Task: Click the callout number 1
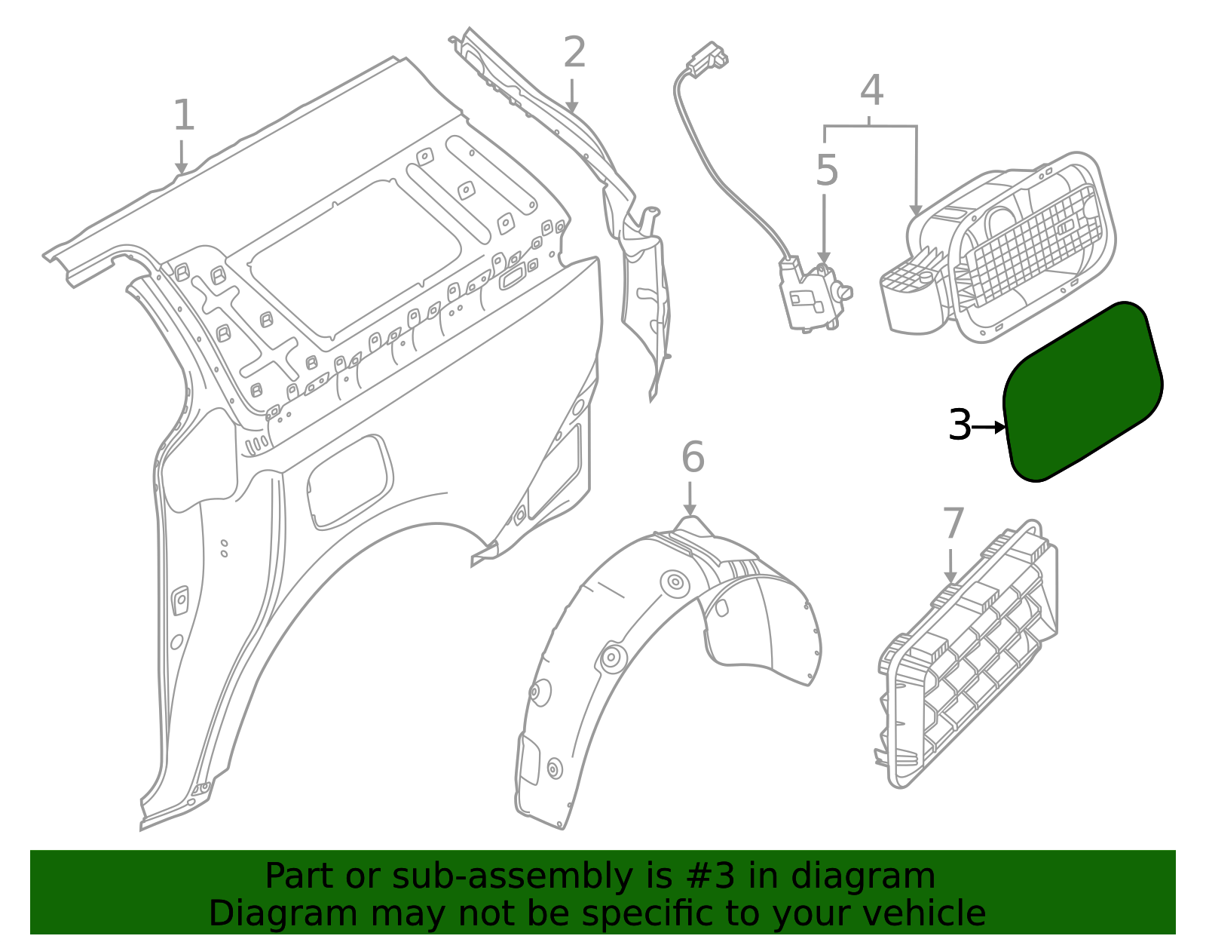coord(184,115)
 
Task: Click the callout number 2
coord(574,53)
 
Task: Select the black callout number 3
coord(960,425)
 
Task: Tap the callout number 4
coord(871,91)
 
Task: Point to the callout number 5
coord(826,170)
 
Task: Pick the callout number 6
coord(692,457)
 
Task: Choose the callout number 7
coord(953,523)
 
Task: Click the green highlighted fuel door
coord(1082,392)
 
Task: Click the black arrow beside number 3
coord(990,427)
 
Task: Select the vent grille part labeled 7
coord(972,656)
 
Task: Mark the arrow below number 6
coord(689,499)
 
